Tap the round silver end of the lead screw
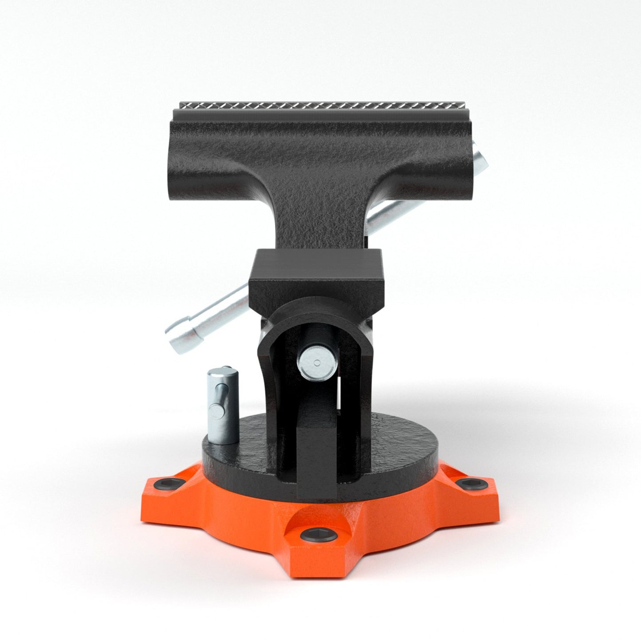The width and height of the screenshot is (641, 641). click(x=316, y=363)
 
